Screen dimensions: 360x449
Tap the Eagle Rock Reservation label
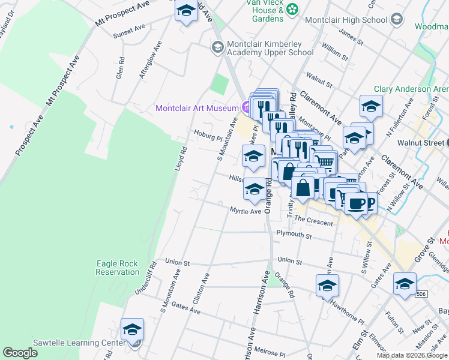click(x=117, y=268)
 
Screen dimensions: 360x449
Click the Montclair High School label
click(x=346, y=20)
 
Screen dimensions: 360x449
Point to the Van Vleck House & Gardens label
click(x=264, y=10)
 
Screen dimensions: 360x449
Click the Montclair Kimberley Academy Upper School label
click(x=270, y=49)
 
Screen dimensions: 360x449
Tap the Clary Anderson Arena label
click(x=411, y=89)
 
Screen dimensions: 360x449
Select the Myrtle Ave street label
click(x=246, y=211)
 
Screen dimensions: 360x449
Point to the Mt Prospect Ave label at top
click(x=122, y=13)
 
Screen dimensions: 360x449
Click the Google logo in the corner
click(x=20, y=353)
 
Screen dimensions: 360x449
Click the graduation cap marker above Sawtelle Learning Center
click(x=132, y=330)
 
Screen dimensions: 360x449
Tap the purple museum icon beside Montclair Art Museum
click(x=246, y=108)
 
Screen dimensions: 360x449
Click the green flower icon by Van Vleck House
click(x=292, y=8)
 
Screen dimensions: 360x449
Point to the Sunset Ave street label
click(x=129, y=28)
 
